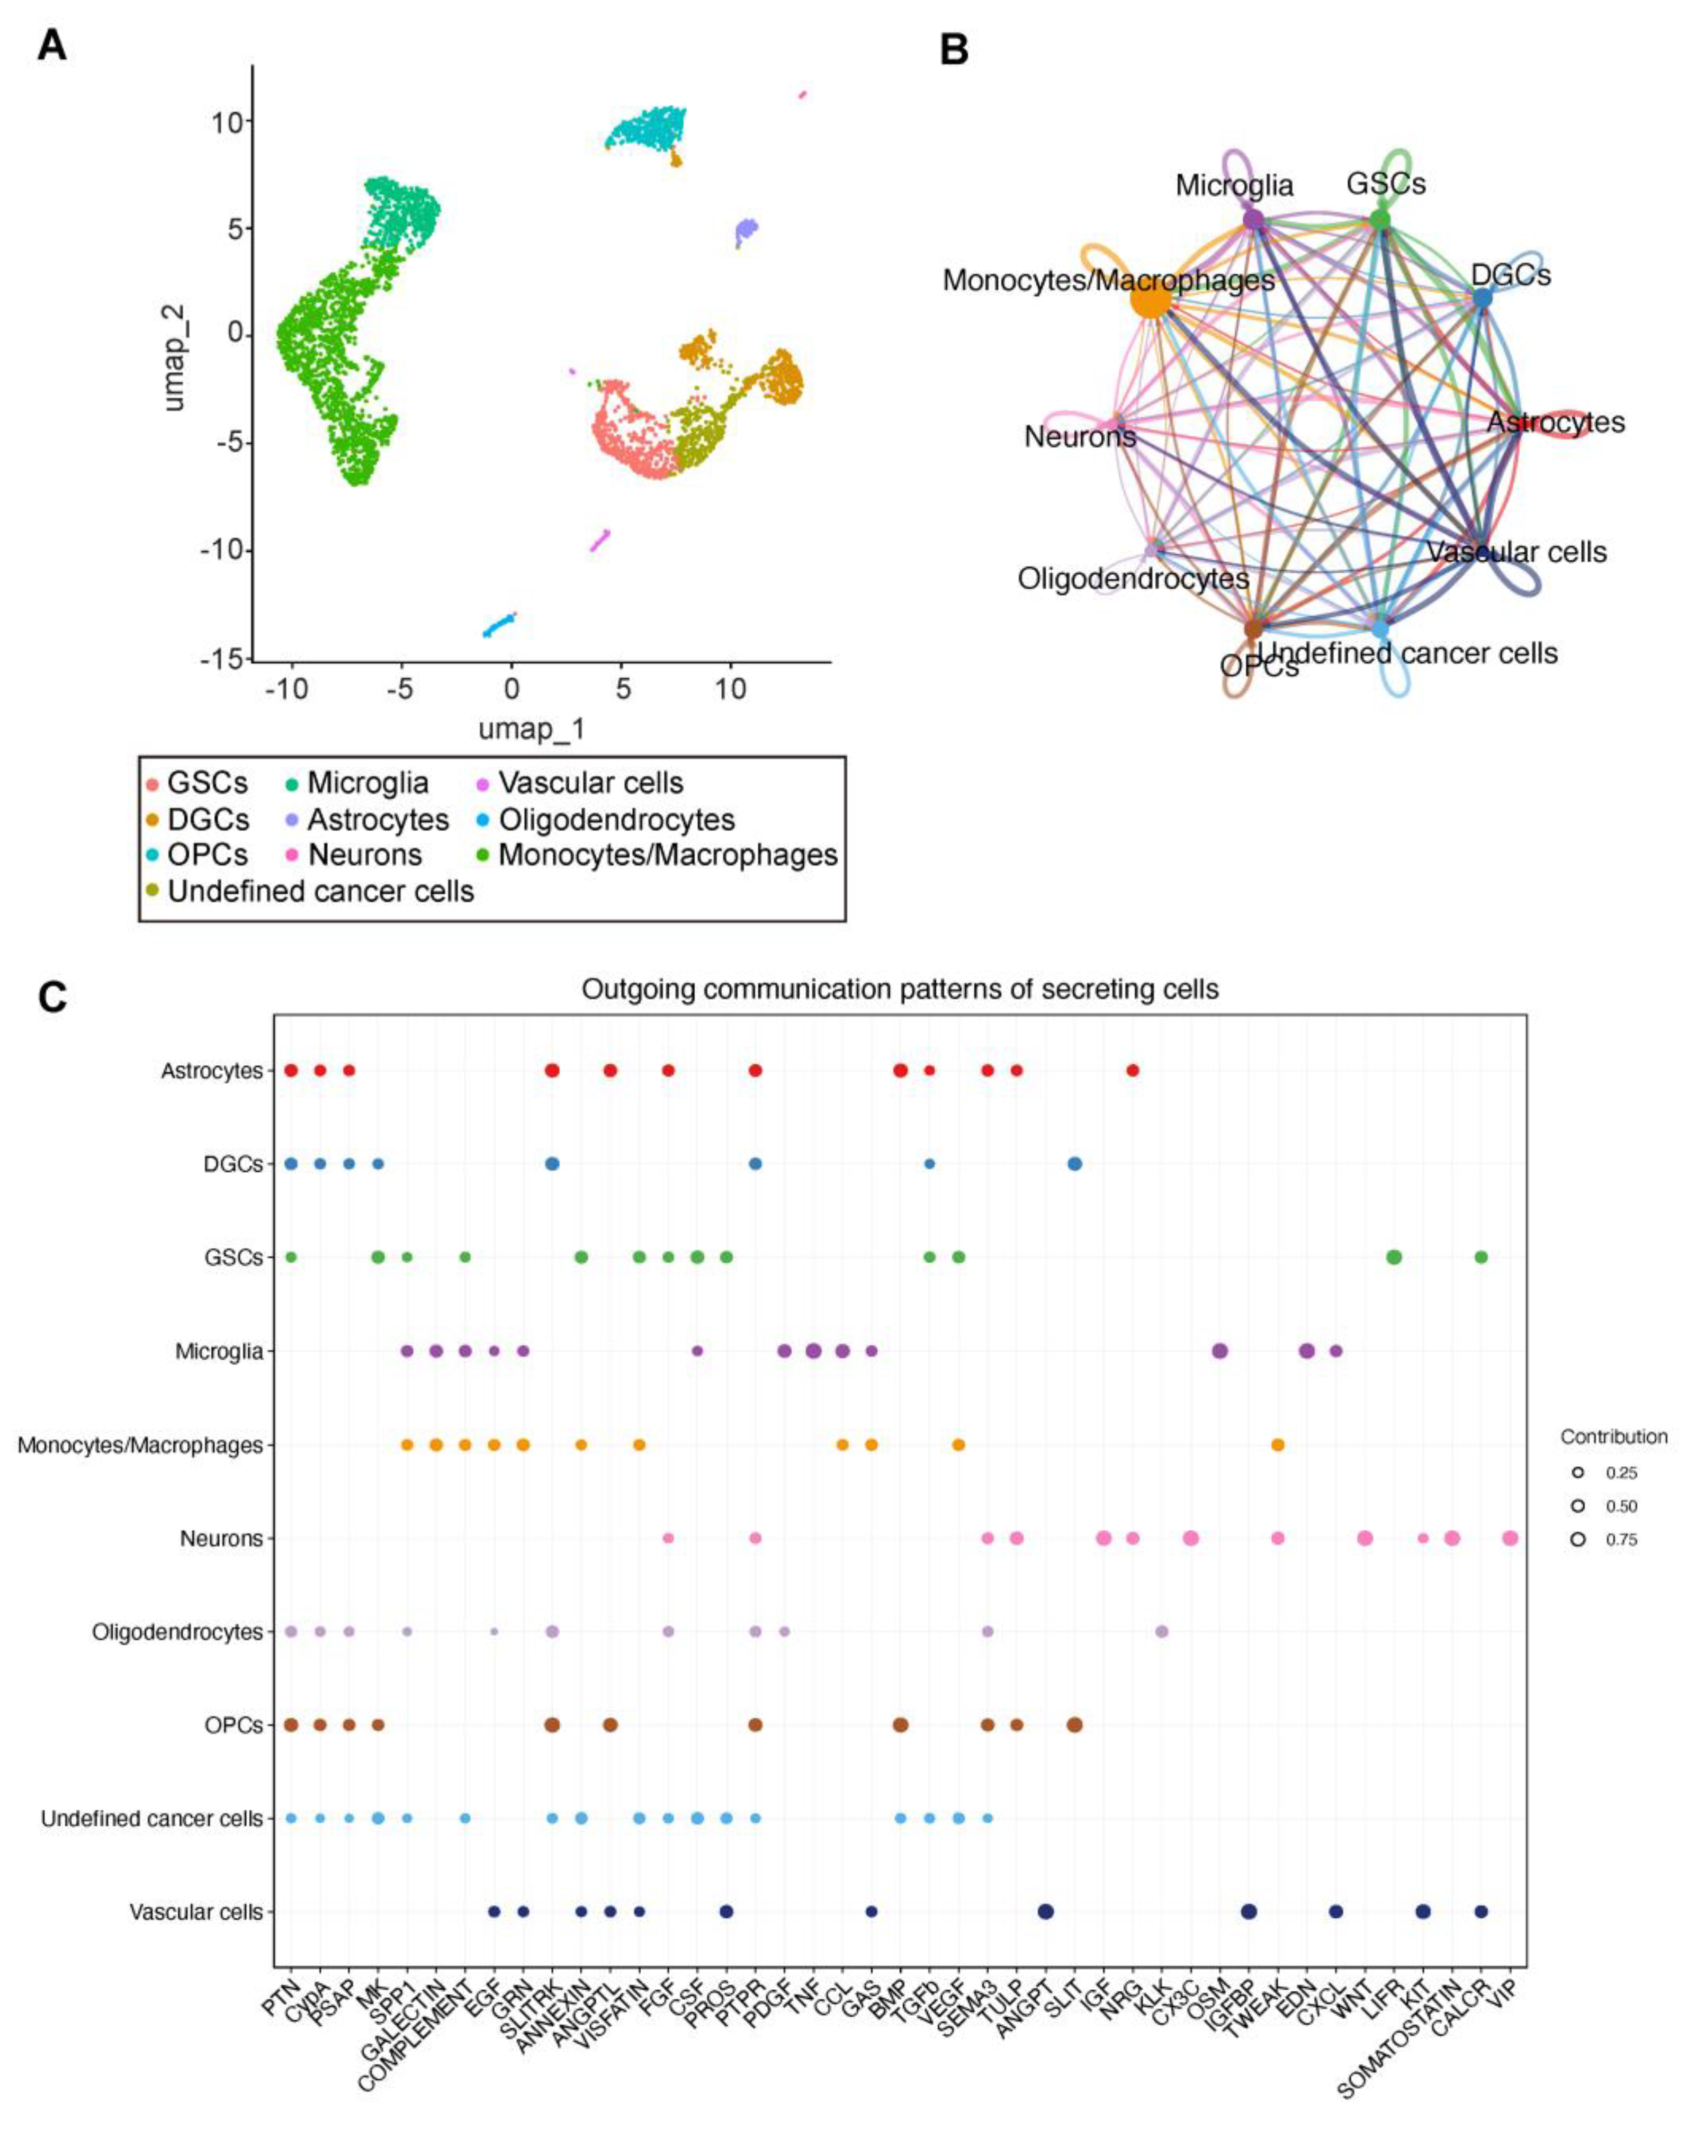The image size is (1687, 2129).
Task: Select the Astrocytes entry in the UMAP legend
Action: [378, 820]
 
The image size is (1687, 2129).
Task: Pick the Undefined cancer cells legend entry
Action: [320, 892]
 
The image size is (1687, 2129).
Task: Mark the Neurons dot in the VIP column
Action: [1509, 1539]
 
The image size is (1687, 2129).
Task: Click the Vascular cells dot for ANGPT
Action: [1045, 1912]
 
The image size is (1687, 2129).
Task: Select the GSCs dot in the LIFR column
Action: [1394, 1257]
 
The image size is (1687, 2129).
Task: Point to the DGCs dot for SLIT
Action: [1074, 1164]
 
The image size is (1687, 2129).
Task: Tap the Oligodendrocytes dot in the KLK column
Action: [1162, 1631]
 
